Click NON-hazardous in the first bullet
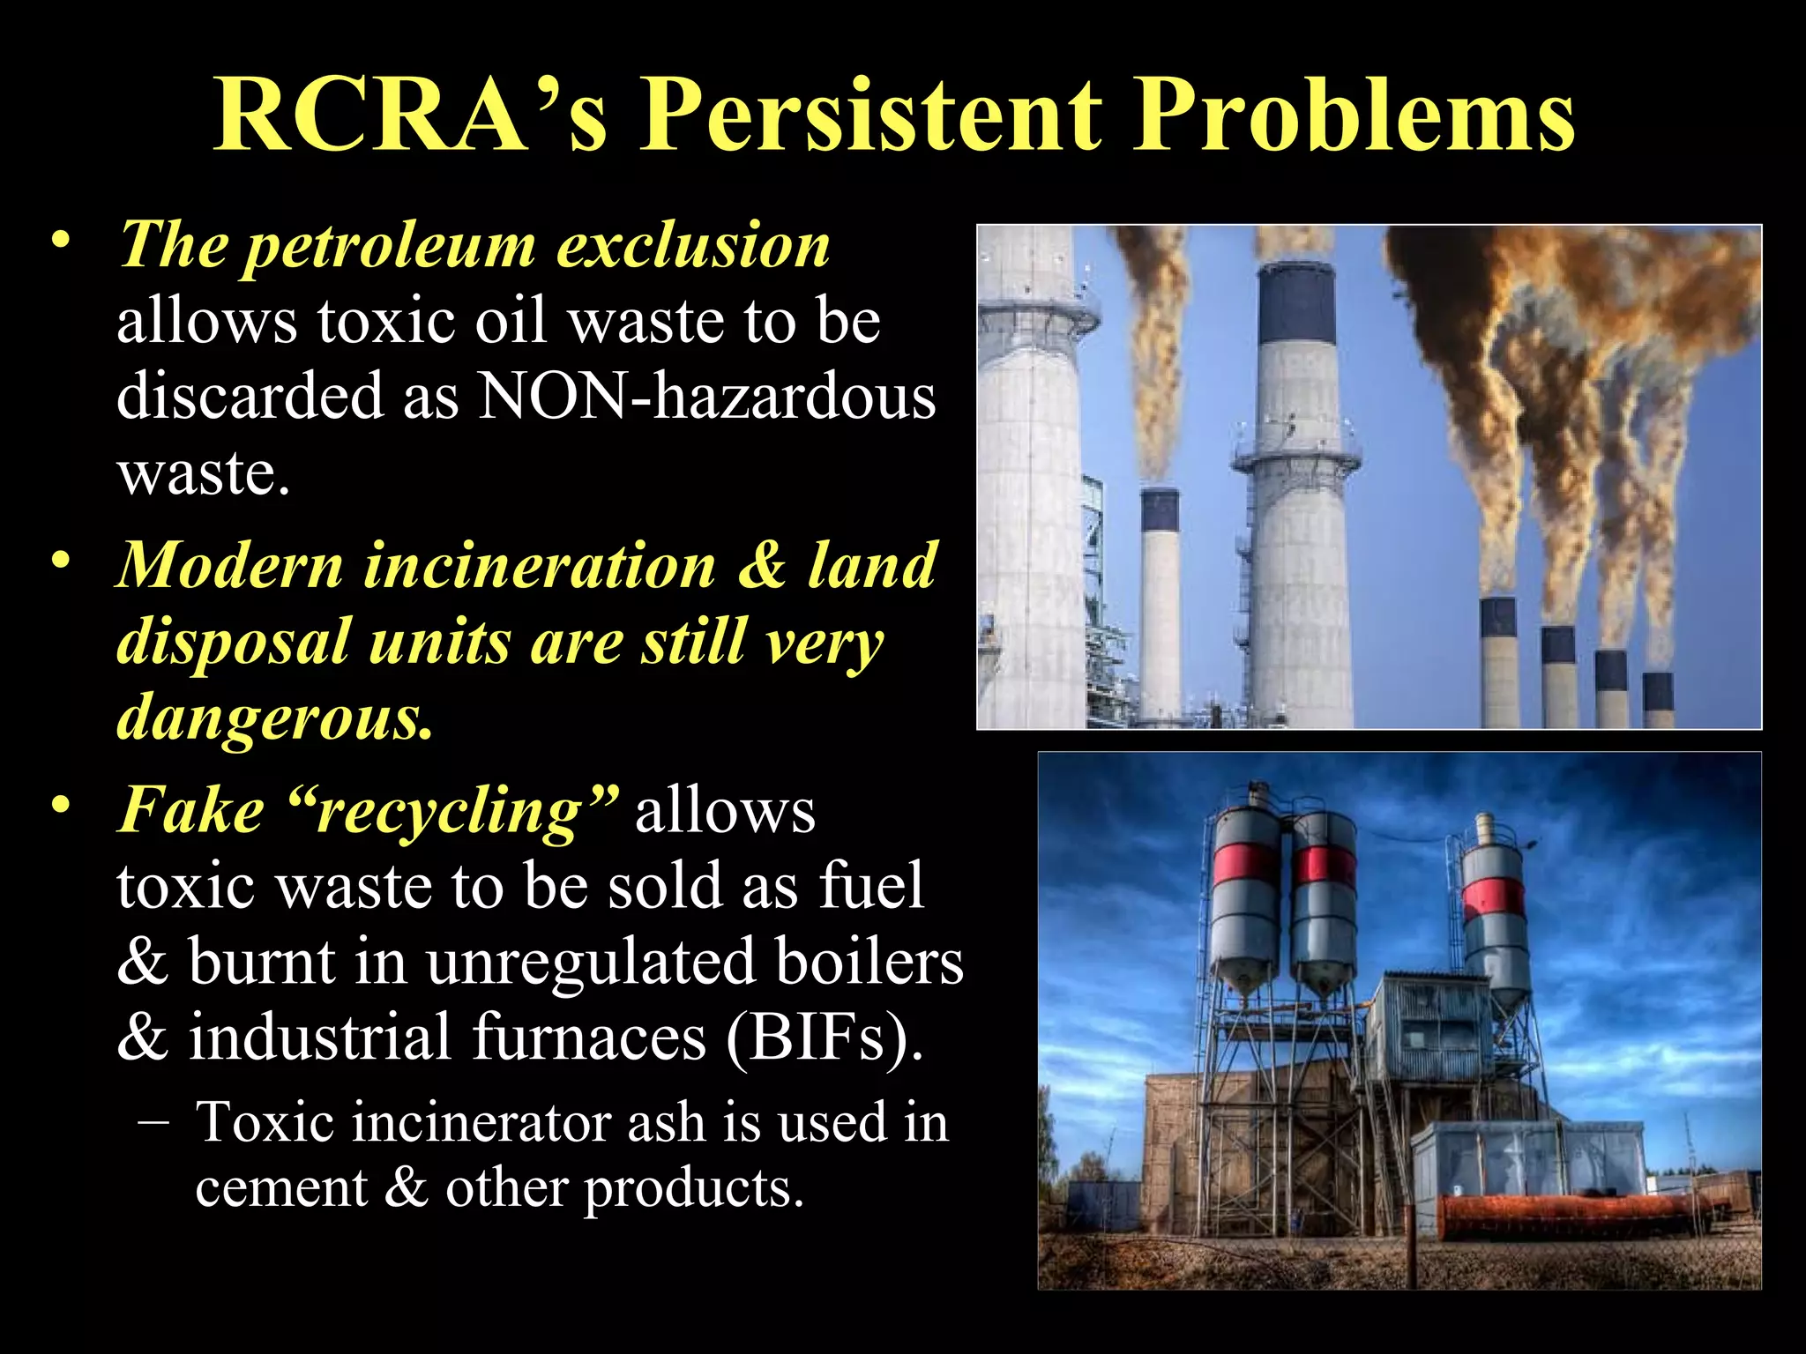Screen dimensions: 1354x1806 click(x=705, y=397)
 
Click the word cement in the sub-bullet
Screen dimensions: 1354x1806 click(x=280, y=1188)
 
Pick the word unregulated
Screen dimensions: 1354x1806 click(x=591, y=962)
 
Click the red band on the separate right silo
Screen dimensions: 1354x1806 click(x=1493, y=897)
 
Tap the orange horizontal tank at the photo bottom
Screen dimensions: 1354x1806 click(x=1570, y=1216)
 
